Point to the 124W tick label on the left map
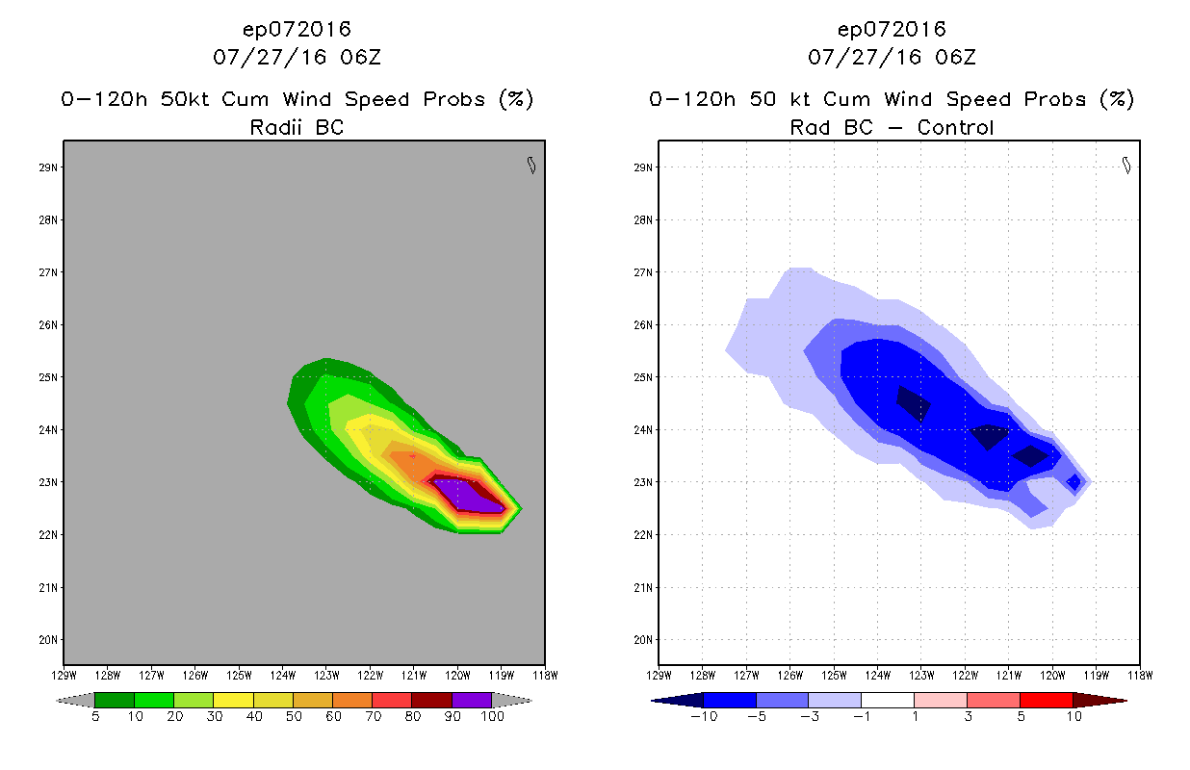(282, 675)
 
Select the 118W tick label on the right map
(1140, 675)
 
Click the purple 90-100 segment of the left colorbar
(472, 700)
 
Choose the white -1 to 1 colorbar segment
(887, 700)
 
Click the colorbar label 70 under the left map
(372, 717)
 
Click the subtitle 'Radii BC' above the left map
(297, 127)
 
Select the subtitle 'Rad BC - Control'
(892, 127)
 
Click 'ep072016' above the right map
(892, 30)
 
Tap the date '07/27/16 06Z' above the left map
(297, 57)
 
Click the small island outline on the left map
(530, 166)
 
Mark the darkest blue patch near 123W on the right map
(914, 402)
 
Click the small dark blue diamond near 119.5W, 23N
(1074, 481)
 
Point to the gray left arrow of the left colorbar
(75, 700)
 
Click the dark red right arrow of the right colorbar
(1099, 700)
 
